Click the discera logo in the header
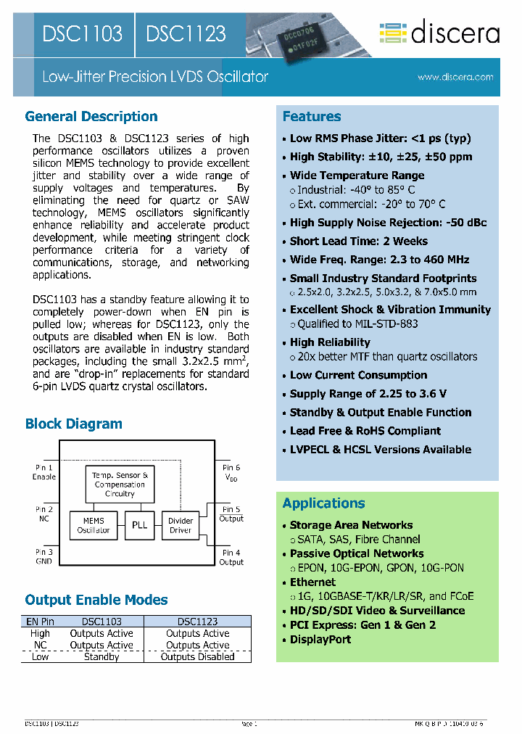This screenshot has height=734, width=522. pyautogui.click(x=439, y=33)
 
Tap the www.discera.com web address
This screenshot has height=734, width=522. pyautogui.click(x=455, y=77)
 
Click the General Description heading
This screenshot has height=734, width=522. pyautogui.click(x=91, y=117)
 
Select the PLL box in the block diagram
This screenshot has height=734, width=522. pyautogui.click(x=139, y=524)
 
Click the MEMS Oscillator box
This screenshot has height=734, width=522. pyautogui.click(x=94, y=525)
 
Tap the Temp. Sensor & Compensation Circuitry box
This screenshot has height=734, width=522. pyautogui.click(x=120, y=484)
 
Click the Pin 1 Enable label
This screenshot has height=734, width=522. pyautogui.click(x=44, y=472)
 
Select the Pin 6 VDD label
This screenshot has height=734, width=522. pyautogui.click(x=231, y=473)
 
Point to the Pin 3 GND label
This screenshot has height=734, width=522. pyautogui.click(x=44, y=557)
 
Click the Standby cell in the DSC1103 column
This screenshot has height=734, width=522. pyautogui.click(x=101, y=657)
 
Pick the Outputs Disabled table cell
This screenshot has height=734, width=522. pyautogui.click(x=197, y=657)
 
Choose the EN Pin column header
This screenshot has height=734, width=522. pyautogui.click(x=41, y=622)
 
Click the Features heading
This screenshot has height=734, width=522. pyautogui.click(x=312, y=117)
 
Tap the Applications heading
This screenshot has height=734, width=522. pyautogui.click(x=323, y=503)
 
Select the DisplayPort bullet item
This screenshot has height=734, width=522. pyautogui.click(x=320, y=639)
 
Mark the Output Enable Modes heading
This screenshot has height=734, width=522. pyautogui.click(x=96, y=600)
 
